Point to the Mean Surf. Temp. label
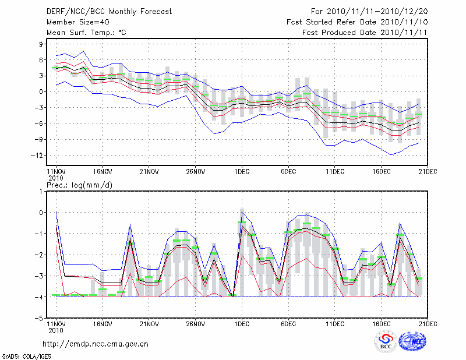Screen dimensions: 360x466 pyautogui.click(x=86, y=33)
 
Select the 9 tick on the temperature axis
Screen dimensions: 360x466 pyautogui.click(x=41, y=44)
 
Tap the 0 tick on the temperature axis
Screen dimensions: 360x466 pyautogui.click(x=41, y=91)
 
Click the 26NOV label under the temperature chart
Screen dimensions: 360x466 pyautogui.click(x=196, y=172)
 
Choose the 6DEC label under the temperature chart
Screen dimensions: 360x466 pyautogui.click(x=289, y=172)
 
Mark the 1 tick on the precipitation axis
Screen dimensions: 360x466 pyautogui.click(x=41, y=191)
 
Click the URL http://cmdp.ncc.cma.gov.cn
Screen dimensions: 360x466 pyautogui.click(x=96, y=344)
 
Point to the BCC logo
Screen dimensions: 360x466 pyautogui.click(x=386, y=341)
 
